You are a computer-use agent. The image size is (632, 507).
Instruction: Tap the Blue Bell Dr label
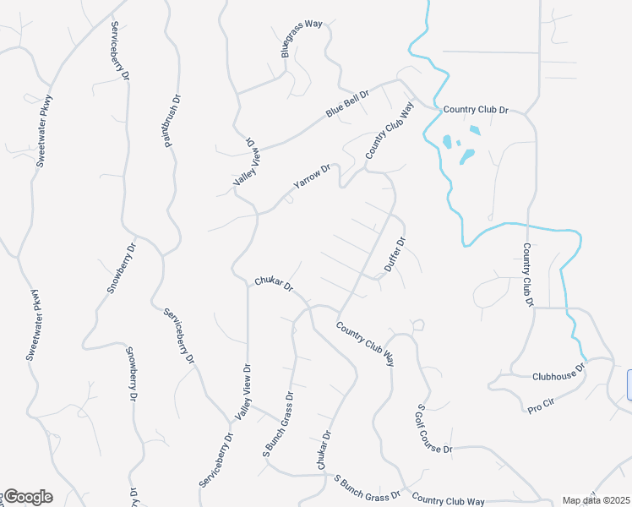tap(348, 104)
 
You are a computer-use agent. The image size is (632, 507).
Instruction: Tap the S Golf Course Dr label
tap(434, 428)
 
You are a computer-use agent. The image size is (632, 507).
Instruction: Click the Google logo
tap(28, 497)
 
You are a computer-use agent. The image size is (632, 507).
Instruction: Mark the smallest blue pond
tap(458, 143)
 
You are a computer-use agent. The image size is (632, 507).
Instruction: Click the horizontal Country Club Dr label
tap(476, 110)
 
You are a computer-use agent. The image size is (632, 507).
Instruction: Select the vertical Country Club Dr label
tap(527, 275)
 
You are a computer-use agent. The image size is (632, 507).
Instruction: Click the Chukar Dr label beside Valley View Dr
tap(274, 283)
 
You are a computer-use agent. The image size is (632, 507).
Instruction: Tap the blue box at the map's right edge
tap(629, 384)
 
